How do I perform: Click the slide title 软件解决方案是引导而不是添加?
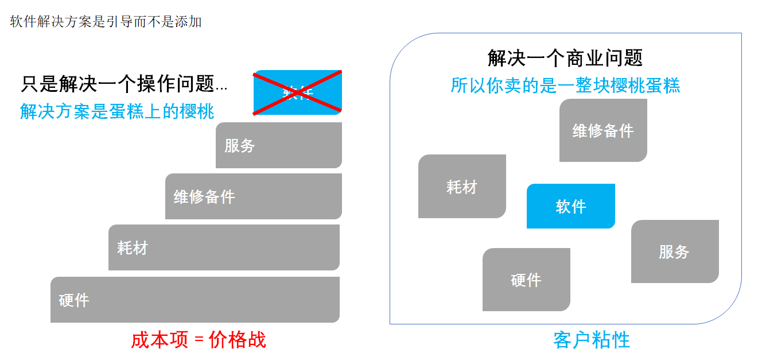click(x=106, y=22)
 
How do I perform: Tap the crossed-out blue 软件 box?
click(x=298, y=92)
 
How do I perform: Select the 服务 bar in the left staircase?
click(x=279, y=145)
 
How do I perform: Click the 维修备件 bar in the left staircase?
click(x=254, y=196)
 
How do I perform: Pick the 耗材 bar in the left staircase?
click(x=224, y=247)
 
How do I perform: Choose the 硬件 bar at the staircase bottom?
click(x=195, y=300)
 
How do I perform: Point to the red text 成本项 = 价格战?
click(x=199, y=340)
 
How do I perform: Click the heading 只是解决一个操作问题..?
click(x=117, y=85)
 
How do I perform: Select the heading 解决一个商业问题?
click(x=565, y=58)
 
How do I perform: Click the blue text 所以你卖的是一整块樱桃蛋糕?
click(x=565, y=86)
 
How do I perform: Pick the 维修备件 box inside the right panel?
click(x=603, y=130)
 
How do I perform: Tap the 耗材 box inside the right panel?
click(x=462, y=187)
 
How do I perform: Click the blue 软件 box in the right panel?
click(x=571, y=206)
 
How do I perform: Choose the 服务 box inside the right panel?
click(x=675, y=251)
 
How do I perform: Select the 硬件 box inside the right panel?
click(x=526, y=280)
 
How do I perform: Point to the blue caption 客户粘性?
click(x=592, y=340)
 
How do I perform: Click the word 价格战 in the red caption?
click(x=238, y=340)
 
